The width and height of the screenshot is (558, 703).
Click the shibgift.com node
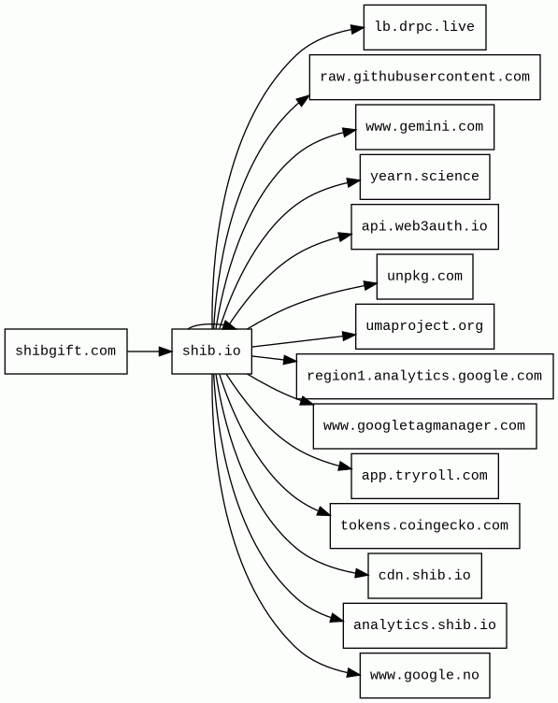click(x=65, y=351)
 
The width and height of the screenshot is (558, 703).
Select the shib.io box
click(x=211, y=351)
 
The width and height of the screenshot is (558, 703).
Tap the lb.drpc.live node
click(x=424, y=27)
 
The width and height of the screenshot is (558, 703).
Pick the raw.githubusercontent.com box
click(x=424, y=77)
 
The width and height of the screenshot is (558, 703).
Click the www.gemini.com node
click(x=424, y=127)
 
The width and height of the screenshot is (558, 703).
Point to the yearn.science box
click(x=424, y=177)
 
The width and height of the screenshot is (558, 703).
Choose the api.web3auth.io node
click(x=424, y=226)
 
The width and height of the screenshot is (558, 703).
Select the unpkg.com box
click(x=424, y=277)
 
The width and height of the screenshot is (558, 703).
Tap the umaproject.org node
click(x=424, y=326)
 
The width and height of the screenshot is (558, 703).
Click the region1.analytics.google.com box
click(x=424, y=376)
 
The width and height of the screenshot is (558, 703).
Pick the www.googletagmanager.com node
click(x=424, y=426)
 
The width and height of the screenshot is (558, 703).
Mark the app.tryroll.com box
click(x=424, y=476)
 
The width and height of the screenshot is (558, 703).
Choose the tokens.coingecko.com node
click(x=424, y=525)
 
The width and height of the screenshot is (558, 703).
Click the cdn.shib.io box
click(x=424, y=575)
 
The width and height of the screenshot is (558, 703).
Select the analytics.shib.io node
click(x=424, y=625)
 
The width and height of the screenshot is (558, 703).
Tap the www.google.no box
click(x=424, y=675)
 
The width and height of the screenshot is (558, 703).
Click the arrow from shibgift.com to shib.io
click(x=150, y=351)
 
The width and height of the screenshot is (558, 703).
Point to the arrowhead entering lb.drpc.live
click(x=357, y=29)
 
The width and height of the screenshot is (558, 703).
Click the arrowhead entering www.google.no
click(x=353, y=672)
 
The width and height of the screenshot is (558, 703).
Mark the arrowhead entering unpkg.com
click(x=370, y=285)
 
